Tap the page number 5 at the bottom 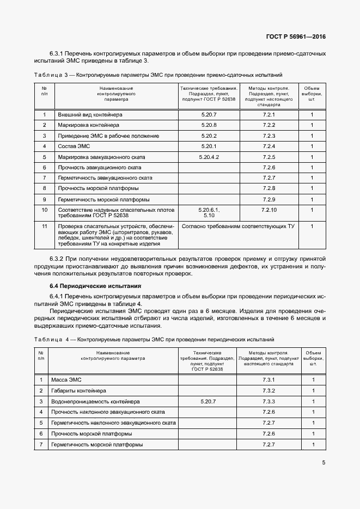tap(324, 463)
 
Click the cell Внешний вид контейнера tap(90, 115)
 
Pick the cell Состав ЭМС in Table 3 tap(74, 146)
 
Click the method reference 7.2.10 tap(269, 209)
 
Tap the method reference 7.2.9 tap(269, 199)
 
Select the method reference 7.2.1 tap(269, 115)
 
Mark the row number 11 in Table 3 tap(45, 226)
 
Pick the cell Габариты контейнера tap(78, 391)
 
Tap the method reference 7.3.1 tap(269, 379)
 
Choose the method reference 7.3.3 tap(269, 401)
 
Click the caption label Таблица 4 tap(54, 340)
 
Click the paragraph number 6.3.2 tap(57, 258)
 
